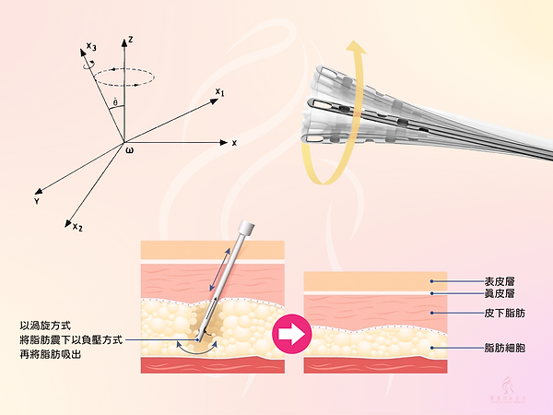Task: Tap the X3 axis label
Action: pos(88,46)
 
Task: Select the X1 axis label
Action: pos(219,91)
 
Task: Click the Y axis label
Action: pos(36,200)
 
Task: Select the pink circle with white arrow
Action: pos(293,334)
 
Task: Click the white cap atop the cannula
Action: pos(246,227)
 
